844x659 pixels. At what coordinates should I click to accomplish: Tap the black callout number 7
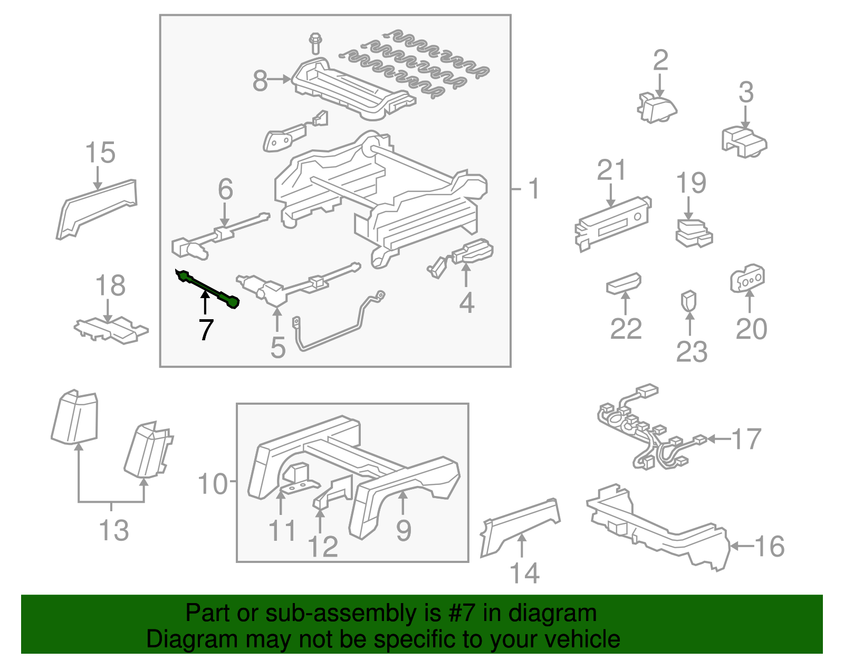[x=206, y=330]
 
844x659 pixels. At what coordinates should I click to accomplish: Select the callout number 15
[x=100, y=153]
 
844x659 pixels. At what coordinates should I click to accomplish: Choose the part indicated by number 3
[x=744, y=141]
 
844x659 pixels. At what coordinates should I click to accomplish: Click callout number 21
[x=611, y=171]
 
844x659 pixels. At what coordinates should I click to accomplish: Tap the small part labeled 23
[x=689, y=301]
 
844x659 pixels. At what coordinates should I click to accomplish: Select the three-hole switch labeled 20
[x=747, y=279]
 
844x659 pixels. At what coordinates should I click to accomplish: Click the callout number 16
[x=770, y=547]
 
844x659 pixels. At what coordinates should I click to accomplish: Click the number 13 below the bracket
[x=113, y=530]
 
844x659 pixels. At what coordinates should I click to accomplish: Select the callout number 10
[x=212, y=483]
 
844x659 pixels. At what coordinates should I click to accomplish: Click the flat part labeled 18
[x=111, y=330]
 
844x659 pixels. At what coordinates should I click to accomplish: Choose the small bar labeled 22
[x=624, y=283]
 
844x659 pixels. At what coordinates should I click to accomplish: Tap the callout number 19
[x=691, y=183]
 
